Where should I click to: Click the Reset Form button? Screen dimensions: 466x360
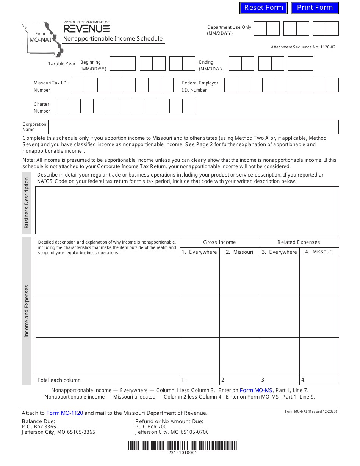pos(263,8)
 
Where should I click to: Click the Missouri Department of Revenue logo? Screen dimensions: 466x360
pos(86,27)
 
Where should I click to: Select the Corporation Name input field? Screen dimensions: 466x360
pos(193,127)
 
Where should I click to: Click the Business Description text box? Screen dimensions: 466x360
pos(187,210)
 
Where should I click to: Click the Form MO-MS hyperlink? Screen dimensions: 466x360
pos(256,390)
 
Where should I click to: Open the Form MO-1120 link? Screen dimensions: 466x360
pos(64,413)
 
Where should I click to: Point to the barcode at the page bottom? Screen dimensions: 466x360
pos(182,445)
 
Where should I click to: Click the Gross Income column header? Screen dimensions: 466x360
pos(219,242)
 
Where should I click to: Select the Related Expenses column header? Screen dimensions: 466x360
pos(299,242)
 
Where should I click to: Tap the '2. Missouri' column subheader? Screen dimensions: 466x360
pos(239,252)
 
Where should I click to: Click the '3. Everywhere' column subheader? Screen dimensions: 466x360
pos(279,252)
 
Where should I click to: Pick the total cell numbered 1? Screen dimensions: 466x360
pos(200,380)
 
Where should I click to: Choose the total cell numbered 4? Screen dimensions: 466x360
pos(319,380)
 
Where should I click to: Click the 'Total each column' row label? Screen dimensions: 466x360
pos(59,380)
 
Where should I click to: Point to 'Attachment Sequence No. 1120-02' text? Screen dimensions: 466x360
pos(303,47)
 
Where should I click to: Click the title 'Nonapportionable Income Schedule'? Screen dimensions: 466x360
pos(113,39)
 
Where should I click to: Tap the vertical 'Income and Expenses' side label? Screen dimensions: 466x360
pos(27,311)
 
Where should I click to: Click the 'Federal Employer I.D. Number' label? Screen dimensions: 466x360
pos(200,86)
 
